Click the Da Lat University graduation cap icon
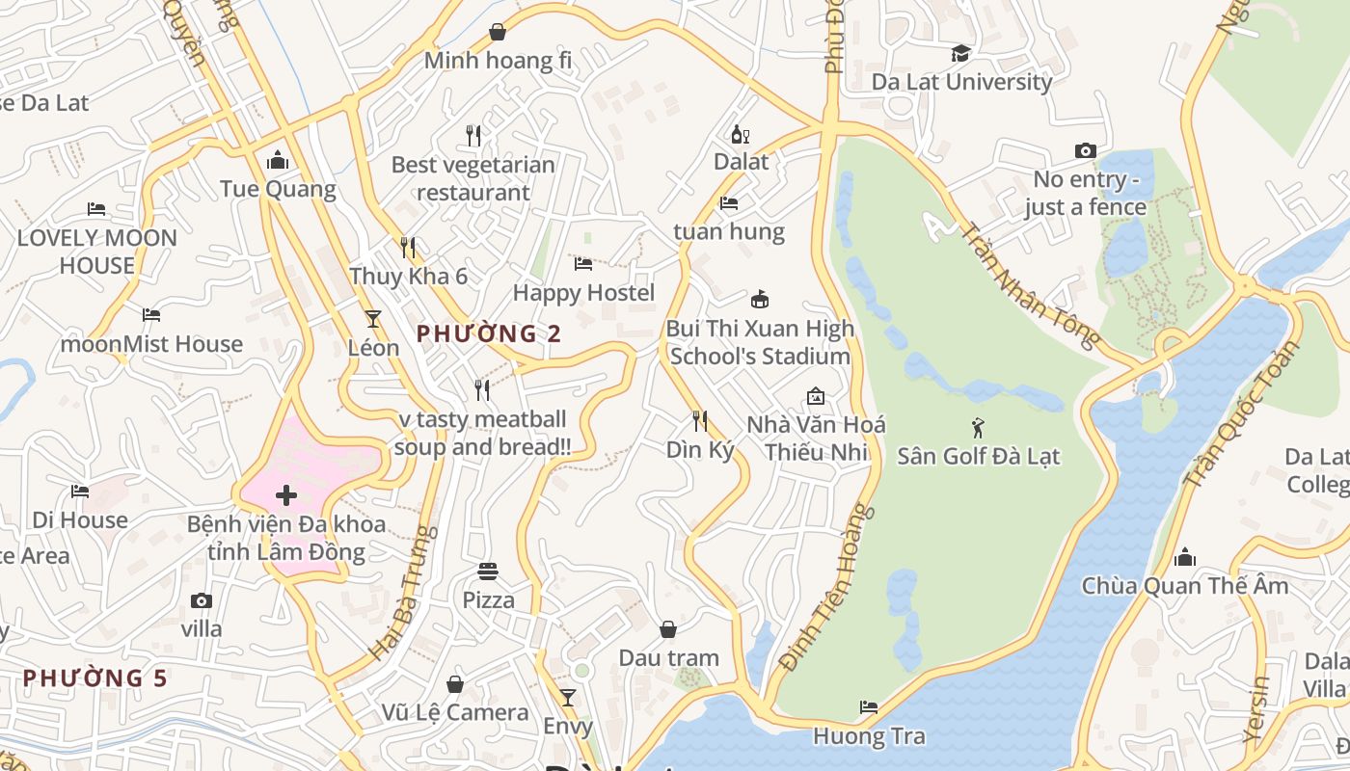pos(960,53)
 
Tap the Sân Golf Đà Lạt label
pos(978,456)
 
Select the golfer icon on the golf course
pos(979,427)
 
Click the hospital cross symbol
pos(285,496)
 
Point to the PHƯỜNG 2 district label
pos(488,334)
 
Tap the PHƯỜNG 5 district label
pos(95,678)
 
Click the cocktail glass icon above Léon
pos(373,319)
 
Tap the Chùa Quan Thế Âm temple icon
pos(1185,557)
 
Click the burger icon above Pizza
pos(488,572)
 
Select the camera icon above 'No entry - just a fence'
pos(1086,151)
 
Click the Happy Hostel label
pos(583,293)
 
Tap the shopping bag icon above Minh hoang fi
pos(498,33)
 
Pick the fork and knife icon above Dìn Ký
pos(700,421)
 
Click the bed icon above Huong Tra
pos(869,707)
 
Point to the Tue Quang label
pos(278,189)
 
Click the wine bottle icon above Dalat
pos(740,135)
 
